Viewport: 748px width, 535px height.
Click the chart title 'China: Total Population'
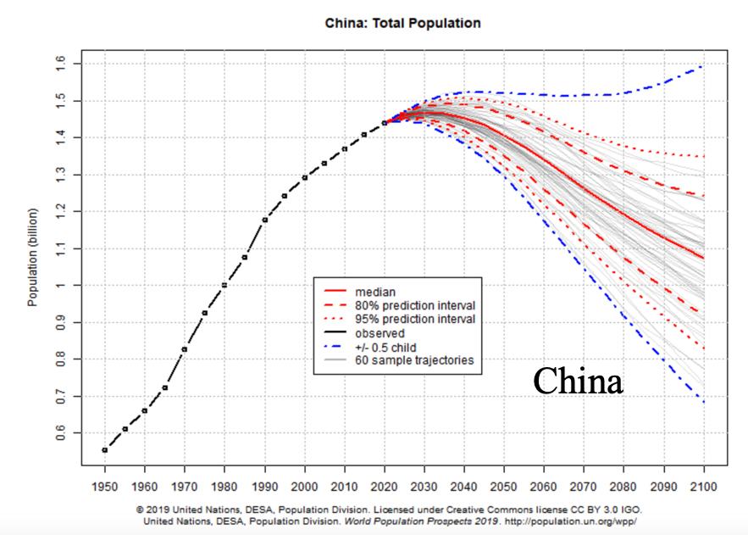tap(402, 23)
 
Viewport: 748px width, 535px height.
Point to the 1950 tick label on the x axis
tap(105, 488)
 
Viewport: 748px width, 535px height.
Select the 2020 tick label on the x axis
tap(385, 488)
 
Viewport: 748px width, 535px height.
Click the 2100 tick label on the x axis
tap(703, 488)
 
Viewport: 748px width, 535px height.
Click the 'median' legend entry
tap(377, 291)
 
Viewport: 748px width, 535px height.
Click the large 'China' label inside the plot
tap(578, 381)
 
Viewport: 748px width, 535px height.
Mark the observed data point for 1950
tap(105, 449)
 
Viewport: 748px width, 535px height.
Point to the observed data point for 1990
tap(265, 220)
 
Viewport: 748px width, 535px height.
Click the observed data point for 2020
tap(385, 123)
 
